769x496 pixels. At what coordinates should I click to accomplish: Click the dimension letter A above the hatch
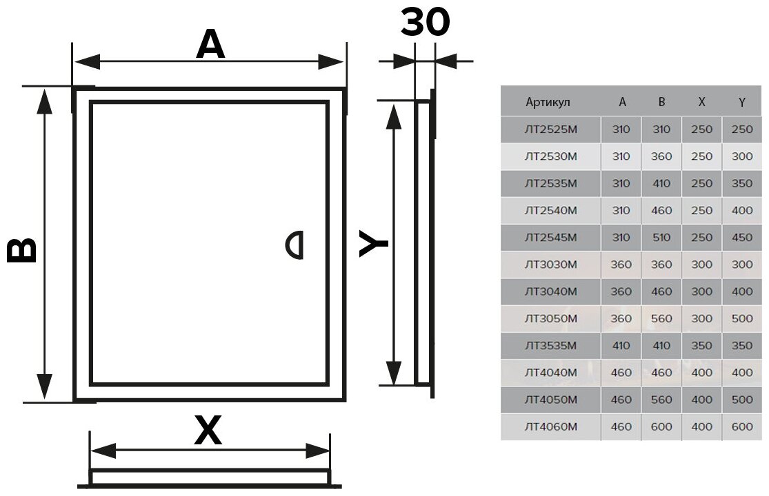(210, 45)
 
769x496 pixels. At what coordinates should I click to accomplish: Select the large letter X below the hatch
(208, 432)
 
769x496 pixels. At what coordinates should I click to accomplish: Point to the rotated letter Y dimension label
(374, 244)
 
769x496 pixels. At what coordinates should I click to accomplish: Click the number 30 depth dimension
(425, 22)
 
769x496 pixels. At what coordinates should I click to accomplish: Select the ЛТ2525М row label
(550, 129)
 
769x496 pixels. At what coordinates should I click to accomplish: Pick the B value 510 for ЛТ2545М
(661, 238)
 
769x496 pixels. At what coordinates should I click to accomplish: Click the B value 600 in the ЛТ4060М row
(661, 427)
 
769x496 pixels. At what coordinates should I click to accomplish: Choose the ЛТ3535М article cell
(550, 346)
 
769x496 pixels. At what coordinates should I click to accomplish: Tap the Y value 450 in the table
(742, 238)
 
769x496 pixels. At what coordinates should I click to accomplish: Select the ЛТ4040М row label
(550, 373)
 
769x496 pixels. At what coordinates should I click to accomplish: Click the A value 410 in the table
(621, 346)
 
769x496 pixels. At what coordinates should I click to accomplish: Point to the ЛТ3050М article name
(550, 319)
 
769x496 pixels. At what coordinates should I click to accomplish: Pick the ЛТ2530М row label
(550, 156)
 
